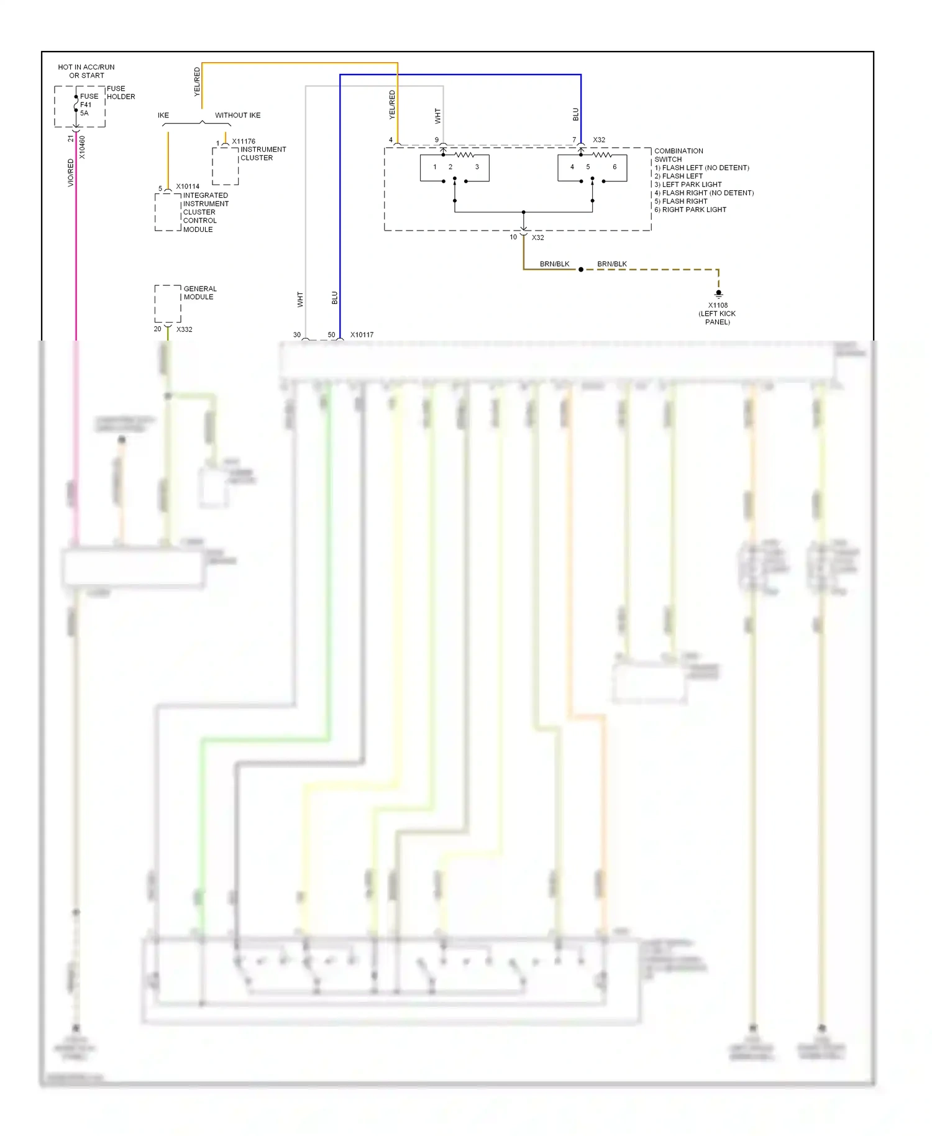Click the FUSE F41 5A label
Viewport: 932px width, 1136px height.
(x=88, y=104)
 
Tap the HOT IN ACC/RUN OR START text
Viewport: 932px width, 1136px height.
(x=86, y=71)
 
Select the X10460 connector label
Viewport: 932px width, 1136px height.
(x=82, y=148)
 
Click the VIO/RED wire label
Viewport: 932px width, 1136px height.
(x=70, y=173)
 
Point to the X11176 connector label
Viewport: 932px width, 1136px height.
(x=244, y=142)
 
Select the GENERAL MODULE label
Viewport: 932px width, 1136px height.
(x=199, y=293)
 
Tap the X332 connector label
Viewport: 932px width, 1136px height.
(x=185, y=329)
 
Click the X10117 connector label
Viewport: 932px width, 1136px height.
(x=362, y=335)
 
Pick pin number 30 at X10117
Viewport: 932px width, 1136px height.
(x=297, y=335)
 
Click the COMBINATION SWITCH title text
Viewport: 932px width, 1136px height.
(x=678, y=155)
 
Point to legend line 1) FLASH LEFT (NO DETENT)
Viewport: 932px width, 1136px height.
(x=701, y=168)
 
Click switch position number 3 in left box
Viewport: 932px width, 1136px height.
(x=477, y=167)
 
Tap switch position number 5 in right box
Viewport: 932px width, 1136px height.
(x=588, y=167)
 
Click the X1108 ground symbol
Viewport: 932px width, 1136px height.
(x=718, y=293)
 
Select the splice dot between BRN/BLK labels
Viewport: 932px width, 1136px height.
(x=581, y=270)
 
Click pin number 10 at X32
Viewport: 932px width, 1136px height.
(x=513, y=237)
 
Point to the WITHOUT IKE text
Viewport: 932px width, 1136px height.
(x=237, y=116)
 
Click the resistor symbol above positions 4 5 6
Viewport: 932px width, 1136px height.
(x=601, y=154)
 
